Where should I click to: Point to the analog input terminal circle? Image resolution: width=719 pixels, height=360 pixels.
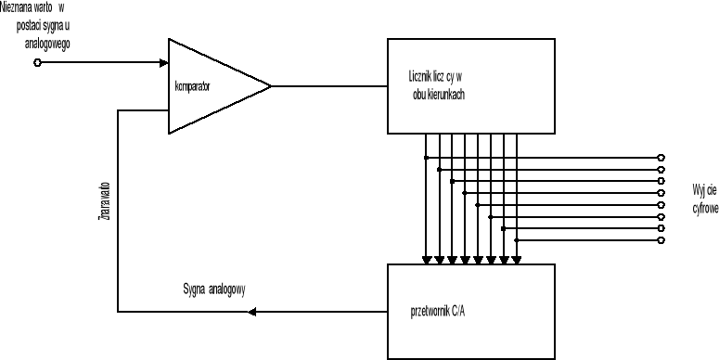(x=37, y=63)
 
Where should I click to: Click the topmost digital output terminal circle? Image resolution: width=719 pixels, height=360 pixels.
(x=661, y=157)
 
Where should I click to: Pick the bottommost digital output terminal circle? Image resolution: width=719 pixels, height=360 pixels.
(x=661, y=240)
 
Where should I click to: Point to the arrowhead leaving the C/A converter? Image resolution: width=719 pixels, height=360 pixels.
(x=252, y=311)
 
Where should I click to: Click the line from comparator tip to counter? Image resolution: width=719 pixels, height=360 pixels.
(x=328, y=86)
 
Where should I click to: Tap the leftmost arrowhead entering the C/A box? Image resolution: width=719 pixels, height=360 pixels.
(x=426, y=258)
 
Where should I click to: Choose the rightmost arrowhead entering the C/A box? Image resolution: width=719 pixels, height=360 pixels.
(x=516, y=258)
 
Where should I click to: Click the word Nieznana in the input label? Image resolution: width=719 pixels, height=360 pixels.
(x=19, y=7)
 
